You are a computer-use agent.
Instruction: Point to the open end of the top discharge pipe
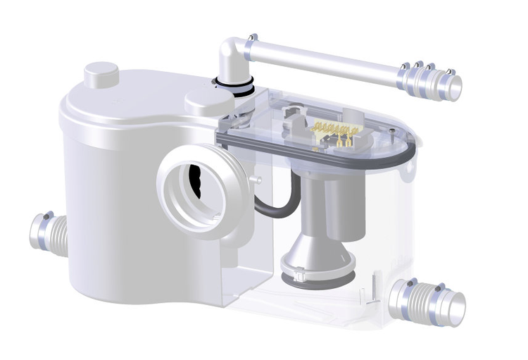(455, 86)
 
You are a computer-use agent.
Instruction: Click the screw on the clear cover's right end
(390, 131)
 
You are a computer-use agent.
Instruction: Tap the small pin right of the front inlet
(260, 181)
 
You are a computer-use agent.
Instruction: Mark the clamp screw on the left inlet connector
(45, 214)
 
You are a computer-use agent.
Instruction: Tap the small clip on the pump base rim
(290, 267)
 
